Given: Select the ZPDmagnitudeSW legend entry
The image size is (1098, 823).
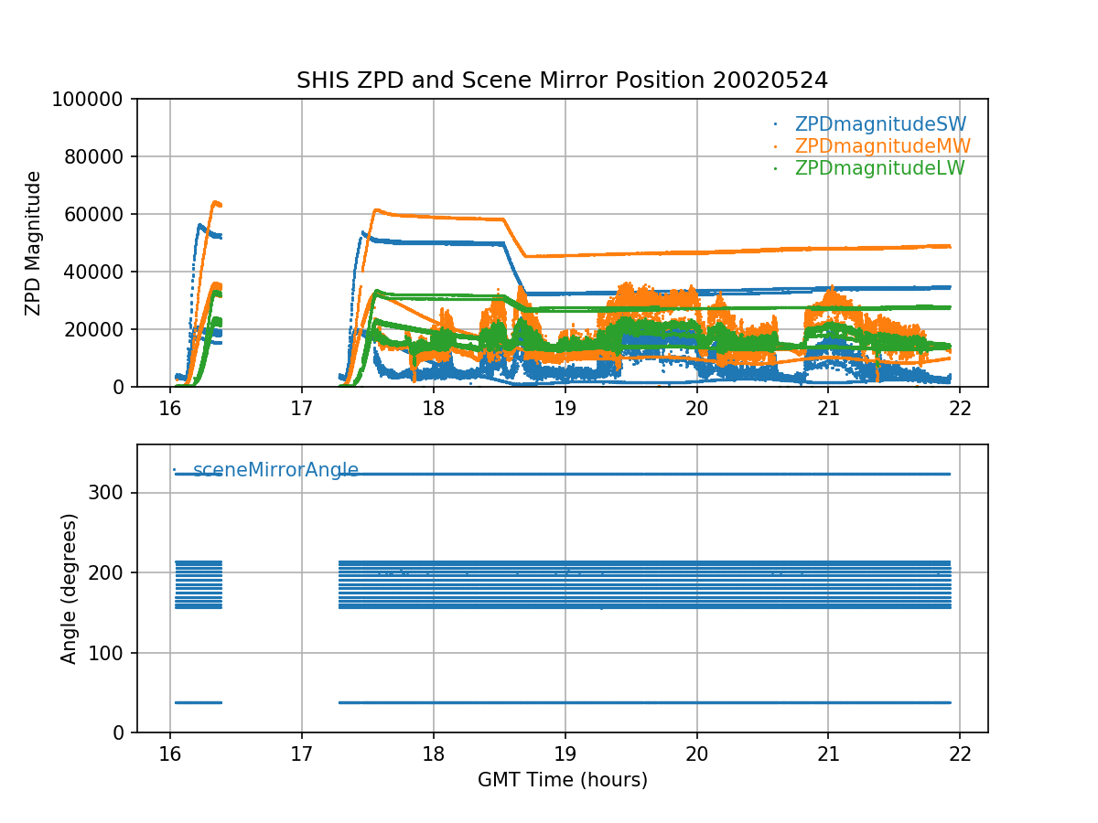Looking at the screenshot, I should click(880, 124).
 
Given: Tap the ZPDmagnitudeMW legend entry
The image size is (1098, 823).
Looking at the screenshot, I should click(882, 146).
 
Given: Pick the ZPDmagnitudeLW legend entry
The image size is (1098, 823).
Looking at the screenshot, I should click(879, 168).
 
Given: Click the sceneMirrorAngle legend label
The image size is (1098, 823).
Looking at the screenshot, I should click(275, 471).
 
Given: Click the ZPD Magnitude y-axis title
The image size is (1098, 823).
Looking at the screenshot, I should click(34, 243).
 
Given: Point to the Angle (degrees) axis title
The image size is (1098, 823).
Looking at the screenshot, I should click(70, 588).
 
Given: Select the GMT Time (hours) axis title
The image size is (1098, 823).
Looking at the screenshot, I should click(562, 780).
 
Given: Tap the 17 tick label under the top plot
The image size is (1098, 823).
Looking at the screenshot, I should click(301, 409).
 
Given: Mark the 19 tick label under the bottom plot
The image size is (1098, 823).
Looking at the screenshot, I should click(565, 754).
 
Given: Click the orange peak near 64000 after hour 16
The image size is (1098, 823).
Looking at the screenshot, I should click(216, 202).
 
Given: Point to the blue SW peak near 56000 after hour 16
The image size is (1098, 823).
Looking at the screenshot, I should click(199, 225).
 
